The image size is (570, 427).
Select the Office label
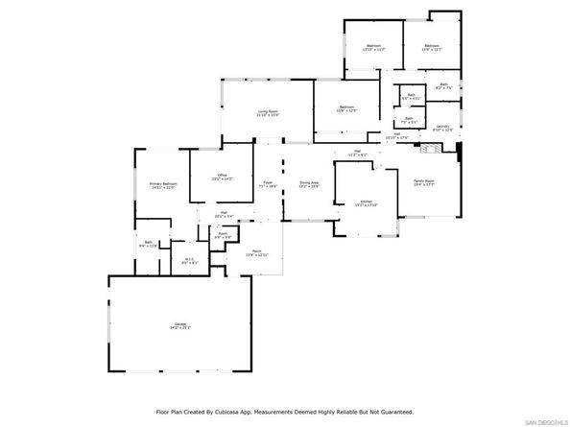point(222,177)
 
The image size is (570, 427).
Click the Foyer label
point(269,183)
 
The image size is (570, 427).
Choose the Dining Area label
point(309,183)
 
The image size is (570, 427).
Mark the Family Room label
point(424,182)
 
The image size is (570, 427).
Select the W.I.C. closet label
point(190,260)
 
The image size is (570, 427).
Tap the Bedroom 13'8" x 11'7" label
point(432,46)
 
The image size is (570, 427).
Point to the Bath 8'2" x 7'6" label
point(444,86)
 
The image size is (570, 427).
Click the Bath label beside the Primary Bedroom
point(149,245)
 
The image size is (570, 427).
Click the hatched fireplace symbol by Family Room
point(434,150)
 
